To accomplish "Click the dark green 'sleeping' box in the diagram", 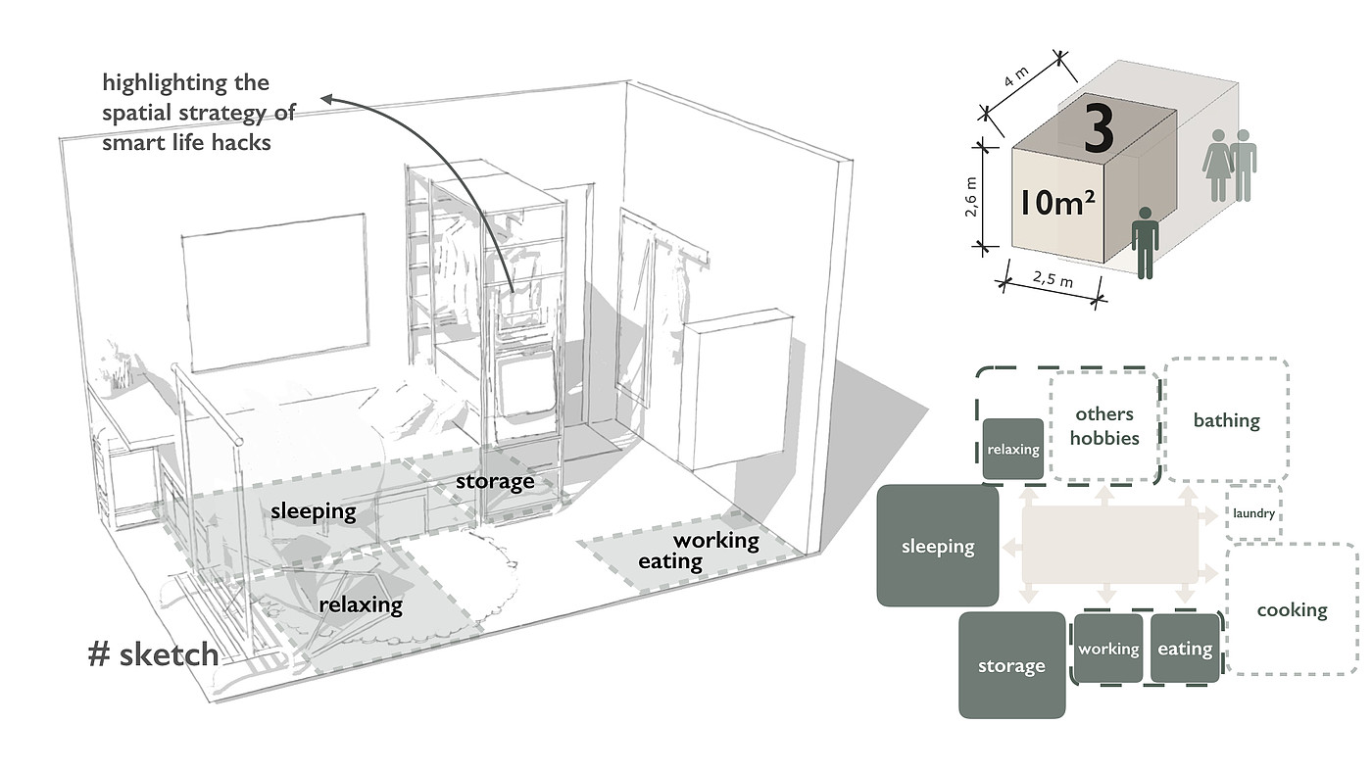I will [x=938, y=546].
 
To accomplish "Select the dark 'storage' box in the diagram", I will [x=1011, y=665].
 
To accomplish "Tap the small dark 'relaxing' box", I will [x=1013, y=450].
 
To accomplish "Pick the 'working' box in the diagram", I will [x=1108, y=648].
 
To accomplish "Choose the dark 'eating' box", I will [x=1185, y=648].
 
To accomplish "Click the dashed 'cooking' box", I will [x=1292, y=609].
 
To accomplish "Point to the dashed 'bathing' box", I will [x=1226, y=420].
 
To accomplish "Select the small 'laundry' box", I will [x=1253, y=512].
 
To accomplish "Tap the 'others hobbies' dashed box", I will [x=1104, y=426].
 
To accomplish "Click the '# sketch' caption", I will [x=153, y=654].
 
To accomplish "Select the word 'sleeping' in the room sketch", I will [x=313, y=510].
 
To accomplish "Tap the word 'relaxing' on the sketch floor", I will [x=361, y=604].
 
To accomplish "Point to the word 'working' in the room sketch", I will [x=715, y=540].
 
